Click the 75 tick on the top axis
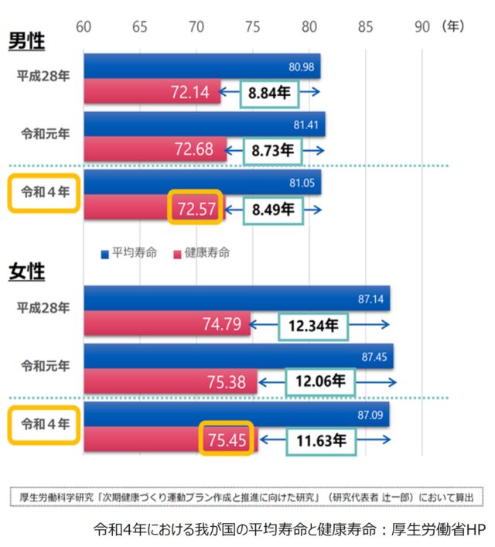tap(252, 26)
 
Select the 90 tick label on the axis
tap(422, 26)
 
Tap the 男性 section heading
tap(26, 40)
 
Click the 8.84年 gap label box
tap(269, 93)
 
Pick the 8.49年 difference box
tap(273, 208)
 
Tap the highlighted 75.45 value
tap(227, 441)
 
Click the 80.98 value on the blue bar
tap(301, 67)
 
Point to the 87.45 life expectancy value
tap(374, 357)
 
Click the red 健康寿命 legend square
tap(177, 253)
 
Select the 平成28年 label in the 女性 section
tap(43, 308)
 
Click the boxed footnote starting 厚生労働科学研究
tap(247, 496)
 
